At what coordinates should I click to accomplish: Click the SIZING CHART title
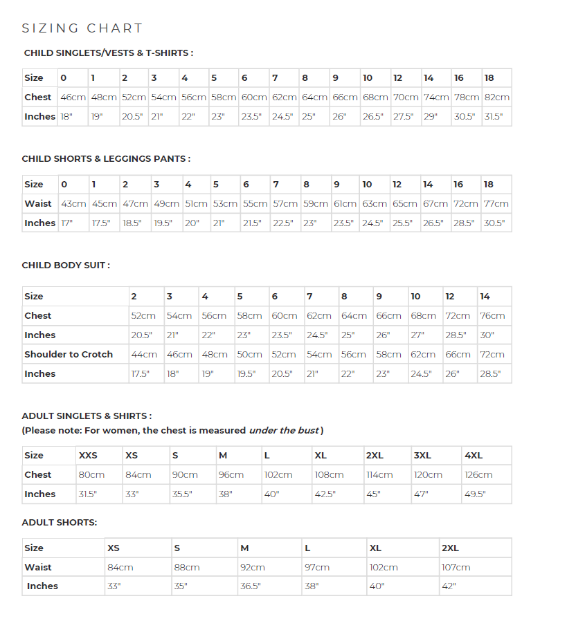point(82,28)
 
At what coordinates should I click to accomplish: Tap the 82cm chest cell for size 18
point(496,97)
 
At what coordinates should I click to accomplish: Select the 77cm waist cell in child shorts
point(496,204)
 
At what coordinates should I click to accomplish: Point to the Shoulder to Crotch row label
point(69,354)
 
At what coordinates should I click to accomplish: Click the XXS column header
point(88,456)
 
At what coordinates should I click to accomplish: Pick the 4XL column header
point(474,456)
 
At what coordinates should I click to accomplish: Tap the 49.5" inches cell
point(475,494)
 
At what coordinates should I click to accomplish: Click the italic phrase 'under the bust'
point(284,430)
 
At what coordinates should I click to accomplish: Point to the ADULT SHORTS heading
point(60,523)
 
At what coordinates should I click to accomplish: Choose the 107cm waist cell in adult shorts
point(456,567)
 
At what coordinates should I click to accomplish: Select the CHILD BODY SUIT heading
point(66,265)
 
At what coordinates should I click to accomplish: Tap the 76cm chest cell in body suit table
point(492,316)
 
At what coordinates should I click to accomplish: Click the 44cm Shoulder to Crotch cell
point(143,355)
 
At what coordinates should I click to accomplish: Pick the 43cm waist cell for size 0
point(73,204)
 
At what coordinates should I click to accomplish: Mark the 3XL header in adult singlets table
point(422,456)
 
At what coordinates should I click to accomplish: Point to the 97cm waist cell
point(317,567)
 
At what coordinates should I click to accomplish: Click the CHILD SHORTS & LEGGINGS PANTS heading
point(106,159)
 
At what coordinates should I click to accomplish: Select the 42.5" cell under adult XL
point(325,494)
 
